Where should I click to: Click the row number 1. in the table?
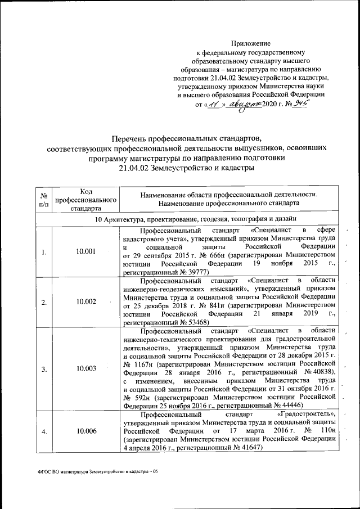tap(43, 251)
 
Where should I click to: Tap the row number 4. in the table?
tap(43, 431)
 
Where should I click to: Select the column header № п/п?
tap(43, 199)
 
